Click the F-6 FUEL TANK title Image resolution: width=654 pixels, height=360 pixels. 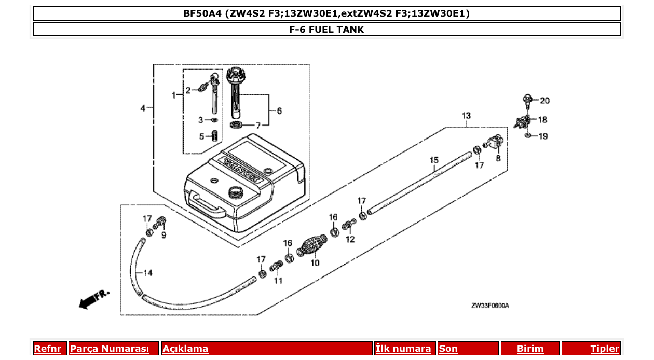point(326,30)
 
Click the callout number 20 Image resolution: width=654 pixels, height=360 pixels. point(544,101)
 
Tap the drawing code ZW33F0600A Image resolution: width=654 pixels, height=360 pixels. point(489,306)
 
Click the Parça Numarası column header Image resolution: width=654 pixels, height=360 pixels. point(110,349)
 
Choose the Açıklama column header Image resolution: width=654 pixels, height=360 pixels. point(185,349)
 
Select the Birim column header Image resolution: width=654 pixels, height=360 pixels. point(530,349)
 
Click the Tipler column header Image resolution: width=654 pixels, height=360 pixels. point(605,349)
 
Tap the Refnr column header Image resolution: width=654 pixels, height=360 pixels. point(47,349)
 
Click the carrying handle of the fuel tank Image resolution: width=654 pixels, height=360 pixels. point(208,204)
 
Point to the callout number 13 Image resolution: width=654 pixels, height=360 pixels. point(466,115)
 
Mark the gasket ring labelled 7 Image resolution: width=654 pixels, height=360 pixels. point(237,126)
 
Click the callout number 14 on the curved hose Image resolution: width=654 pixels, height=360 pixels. point(147,273)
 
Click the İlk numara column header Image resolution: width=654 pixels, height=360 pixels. point(403,349)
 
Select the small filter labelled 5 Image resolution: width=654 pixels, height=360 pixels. point(213,136)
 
